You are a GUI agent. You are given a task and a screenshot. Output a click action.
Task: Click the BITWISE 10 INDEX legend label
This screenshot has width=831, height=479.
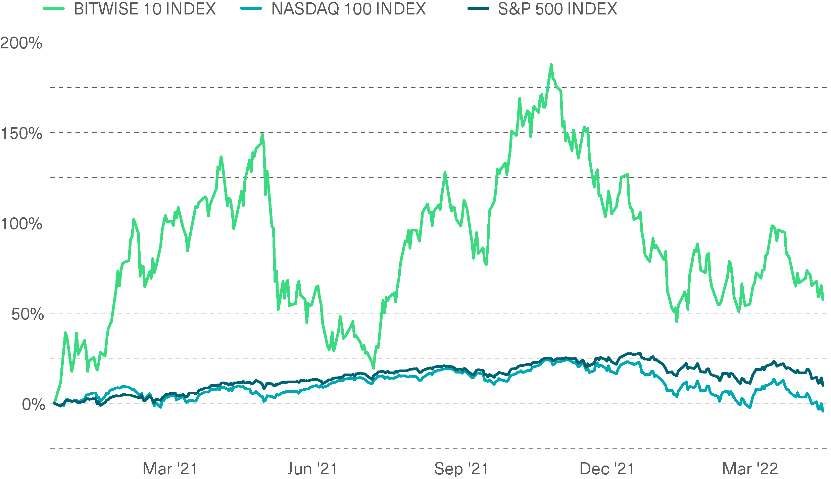click(145, 9)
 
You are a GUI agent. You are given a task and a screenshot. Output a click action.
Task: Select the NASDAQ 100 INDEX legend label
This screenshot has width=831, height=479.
click(348, 9)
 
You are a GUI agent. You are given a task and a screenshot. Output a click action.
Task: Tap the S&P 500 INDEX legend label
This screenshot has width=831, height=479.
click(557, 9)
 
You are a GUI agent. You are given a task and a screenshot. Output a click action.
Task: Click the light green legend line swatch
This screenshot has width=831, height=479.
click(54, 9)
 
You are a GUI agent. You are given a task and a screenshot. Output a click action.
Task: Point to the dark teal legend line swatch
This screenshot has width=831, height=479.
click(478, 9)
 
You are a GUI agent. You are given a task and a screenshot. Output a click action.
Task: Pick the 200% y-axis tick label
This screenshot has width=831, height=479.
click(21, 43)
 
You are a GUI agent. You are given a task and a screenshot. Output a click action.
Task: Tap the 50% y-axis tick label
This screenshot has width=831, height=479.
click(28, 314)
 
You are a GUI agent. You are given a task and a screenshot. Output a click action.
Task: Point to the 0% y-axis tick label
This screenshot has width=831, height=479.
click(33, 405)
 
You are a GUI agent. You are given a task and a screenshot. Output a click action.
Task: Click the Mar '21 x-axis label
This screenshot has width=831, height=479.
click(170, 469)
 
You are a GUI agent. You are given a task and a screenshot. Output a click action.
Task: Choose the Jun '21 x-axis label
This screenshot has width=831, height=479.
click(312, 469)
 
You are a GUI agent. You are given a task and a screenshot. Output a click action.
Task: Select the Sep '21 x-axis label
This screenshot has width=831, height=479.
click(461, 469)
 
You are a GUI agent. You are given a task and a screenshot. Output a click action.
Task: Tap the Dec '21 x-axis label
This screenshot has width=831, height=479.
click(607, 469)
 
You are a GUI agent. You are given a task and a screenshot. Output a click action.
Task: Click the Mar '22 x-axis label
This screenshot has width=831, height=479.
click(750, 469)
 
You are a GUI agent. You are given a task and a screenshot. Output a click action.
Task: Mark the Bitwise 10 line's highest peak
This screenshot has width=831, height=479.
click(551, 64)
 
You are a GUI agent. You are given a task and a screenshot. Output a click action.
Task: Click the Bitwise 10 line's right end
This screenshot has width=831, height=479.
click(823, 299)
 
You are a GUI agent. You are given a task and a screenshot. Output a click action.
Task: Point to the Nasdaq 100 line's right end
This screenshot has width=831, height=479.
click(823, 410)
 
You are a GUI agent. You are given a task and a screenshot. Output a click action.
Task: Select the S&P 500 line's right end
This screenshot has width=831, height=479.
click(823, 385)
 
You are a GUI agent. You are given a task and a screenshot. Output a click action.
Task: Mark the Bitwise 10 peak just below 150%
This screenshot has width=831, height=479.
click(262, 134)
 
